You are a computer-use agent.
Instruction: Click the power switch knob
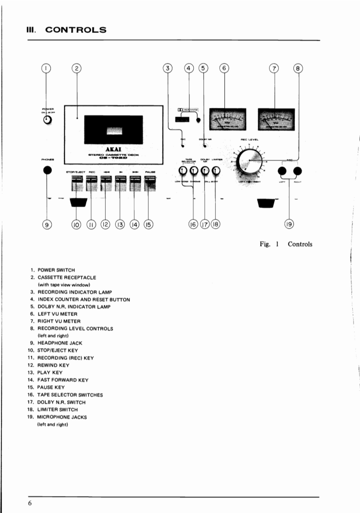47,120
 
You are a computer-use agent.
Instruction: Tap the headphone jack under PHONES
47,171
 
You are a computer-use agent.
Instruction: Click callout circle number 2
77,69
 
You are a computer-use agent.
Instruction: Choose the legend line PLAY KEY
50,373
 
